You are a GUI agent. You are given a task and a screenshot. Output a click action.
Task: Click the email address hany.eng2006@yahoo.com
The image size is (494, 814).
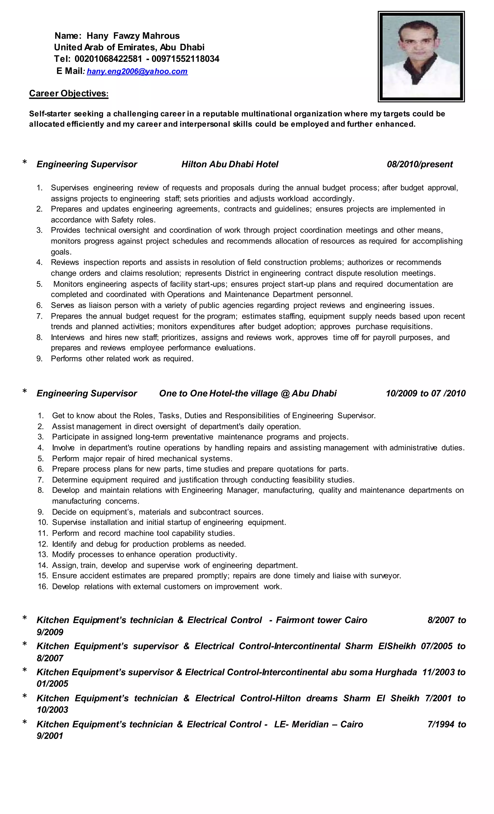point(137,71)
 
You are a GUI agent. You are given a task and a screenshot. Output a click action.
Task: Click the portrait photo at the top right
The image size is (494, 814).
point(421,56)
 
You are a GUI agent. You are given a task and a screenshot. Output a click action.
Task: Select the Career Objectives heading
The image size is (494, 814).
point(69,93)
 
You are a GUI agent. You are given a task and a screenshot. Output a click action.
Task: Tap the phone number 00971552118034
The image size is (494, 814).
point(185,59)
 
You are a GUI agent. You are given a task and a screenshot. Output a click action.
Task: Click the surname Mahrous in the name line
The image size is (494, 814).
point(161,36)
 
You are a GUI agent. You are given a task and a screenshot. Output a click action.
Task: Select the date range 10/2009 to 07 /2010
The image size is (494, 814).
point(426,393)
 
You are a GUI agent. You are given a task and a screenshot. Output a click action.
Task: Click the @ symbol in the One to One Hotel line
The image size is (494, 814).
point(285,393)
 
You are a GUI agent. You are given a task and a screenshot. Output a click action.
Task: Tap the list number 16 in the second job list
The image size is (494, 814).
point(43,586)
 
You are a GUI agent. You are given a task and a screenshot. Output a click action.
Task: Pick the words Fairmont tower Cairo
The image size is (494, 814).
point(321,620)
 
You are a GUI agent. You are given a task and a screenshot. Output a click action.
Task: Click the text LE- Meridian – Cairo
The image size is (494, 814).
point(318,724)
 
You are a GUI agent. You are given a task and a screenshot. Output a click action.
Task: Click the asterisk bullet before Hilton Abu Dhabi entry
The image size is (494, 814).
point(24,163)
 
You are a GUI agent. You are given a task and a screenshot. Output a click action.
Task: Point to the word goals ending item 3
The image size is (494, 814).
point(61,252)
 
